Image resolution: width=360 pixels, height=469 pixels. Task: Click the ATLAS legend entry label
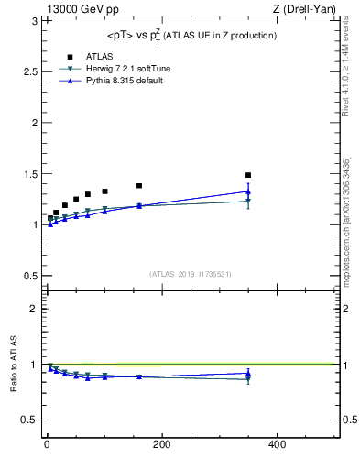99,56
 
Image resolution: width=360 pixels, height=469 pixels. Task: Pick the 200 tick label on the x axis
161,444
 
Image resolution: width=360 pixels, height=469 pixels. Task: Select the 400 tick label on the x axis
276,444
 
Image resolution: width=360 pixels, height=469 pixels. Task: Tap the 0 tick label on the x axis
47,444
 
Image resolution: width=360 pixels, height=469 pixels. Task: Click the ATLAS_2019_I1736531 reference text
190,274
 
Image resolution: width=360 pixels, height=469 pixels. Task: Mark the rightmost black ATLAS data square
248,175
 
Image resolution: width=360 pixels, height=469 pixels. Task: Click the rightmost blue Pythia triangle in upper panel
248,191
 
